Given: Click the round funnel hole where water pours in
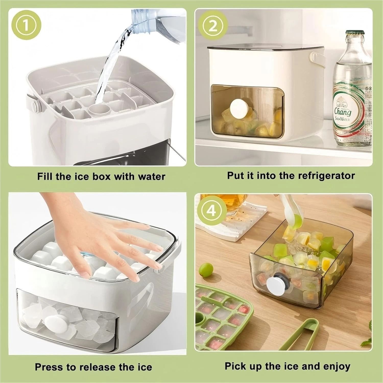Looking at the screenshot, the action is (x=100, y=110).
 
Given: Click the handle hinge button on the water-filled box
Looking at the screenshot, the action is (x=35, y=105).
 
